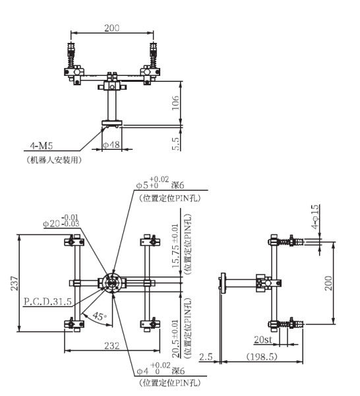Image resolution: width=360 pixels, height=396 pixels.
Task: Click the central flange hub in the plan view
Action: pyautogui.click(x=110, y=283)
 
